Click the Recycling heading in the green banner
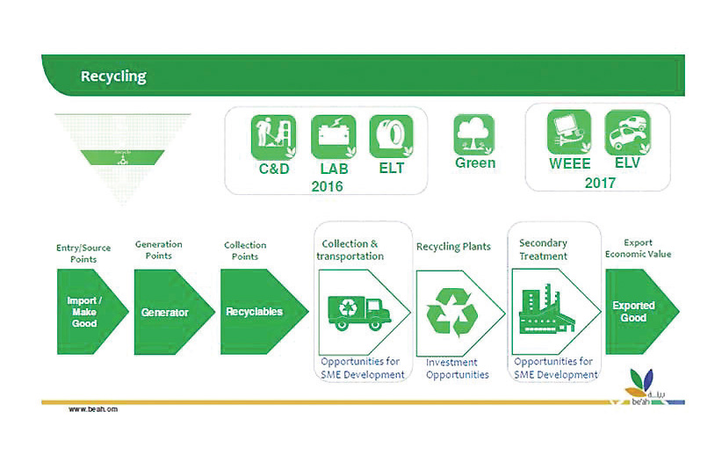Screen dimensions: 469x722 tap(113, 76)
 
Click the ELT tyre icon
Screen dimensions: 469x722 tap(391, 137)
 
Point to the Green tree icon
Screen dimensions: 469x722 tap(474, 135)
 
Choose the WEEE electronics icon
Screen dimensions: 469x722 tap(569, 132)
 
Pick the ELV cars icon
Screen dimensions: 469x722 tap(628, 132)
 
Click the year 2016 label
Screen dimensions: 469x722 tap(327, 186)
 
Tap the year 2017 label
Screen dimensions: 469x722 tap(600, 183)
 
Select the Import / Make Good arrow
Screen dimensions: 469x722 tap(84, 312)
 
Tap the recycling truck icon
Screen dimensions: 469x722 tap(357, 310)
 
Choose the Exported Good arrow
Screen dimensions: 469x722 tap(637, 312)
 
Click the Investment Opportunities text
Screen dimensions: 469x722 tap(457, 368)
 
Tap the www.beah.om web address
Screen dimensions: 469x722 tap(92, 409)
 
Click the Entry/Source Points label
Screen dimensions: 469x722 tap(84, 253)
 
